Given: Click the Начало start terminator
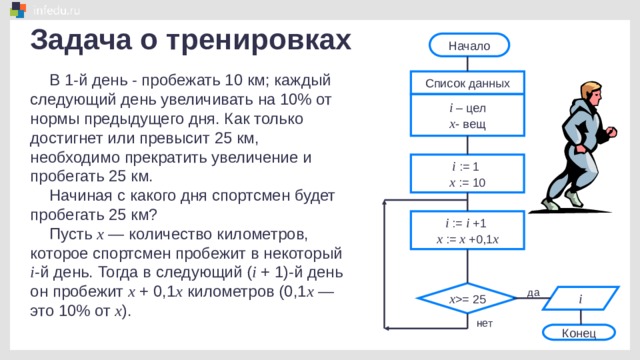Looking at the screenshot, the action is coord(469,45).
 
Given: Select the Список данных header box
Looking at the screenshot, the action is coord(467,83).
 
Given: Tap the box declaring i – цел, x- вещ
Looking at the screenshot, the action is coord(467,116).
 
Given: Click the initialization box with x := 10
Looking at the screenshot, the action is coord(467,173).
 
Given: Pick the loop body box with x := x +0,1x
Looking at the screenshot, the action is coord(467,230).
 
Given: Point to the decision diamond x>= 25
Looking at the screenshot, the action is coord(467,299).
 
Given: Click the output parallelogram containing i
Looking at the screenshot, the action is coord(580,298).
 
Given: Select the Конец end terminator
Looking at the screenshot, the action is coord(579,333).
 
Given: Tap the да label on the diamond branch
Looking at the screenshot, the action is coord(533,292).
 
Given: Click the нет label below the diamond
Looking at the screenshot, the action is coord(484,323).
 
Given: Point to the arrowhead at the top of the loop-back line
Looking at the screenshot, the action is coord(384,202).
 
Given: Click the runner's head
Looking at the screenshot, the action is coord(591,93).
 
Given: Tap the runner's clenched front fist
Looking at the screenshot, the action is coord(611,132).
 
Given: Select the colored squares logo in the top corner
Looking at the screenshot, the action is coord(18,9).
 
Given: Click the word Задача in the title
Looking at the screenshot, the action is coord(81,40).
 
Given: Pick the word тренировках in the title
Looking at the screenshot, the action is coord(259,41).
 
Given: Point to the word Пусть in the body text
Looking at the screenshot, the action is coord(71,234).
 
